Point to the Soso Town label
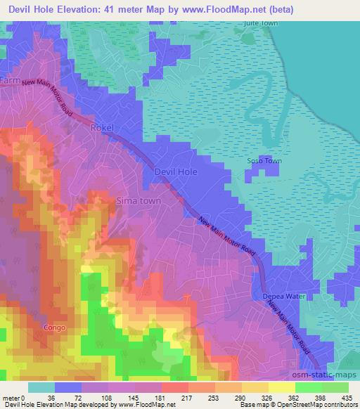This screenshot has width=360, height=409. [264, 161]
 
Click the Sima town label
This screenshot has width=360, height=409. [140, 201]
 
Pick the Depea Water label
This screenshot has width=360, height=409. [285, 296]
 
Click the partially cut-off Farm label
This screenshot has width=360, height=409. [10, 82]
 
